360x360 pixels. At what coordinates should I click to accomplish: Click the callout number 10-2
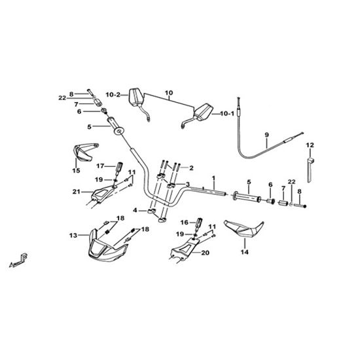tap(113, 95)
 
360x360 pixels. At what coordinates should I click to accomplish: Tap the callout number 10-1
tap(227, 113)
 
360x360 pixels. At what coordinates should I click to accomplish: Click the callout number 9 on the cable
tap(266, 135)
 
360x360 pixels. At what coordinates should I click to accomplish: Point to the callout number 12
tap(310, 145)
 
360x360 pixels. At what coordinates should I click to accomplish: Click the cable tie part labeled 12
tap(310, 170)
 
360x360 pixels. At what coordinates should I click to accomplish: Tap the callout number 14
tap(245, 252)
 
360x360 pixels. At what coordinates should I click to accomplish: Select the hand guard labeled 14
tap(243, 229)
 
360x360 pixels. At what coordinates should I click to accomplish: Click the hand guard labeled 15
tap(84, 152)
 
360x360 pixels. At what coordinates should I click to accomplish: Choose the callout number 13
tap(73, 236)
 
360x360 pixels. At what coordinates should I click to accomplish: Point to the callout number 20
tap(206, 253)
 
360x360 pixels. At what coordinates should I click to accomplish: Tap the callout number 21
tap(76, 192)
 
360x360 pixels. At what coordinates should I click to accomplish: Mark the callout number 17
tap(100, 166)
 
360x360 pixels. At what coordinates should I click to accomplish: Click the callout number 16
tap(185, 223)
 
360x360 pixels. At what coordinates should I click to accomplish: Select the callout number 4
tap(135, 210)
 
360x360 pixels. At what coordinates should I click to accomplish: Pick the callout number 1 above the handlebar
tap(214, 178)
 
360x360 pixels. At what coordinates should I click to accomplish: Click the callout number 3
tap(188, 184)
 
